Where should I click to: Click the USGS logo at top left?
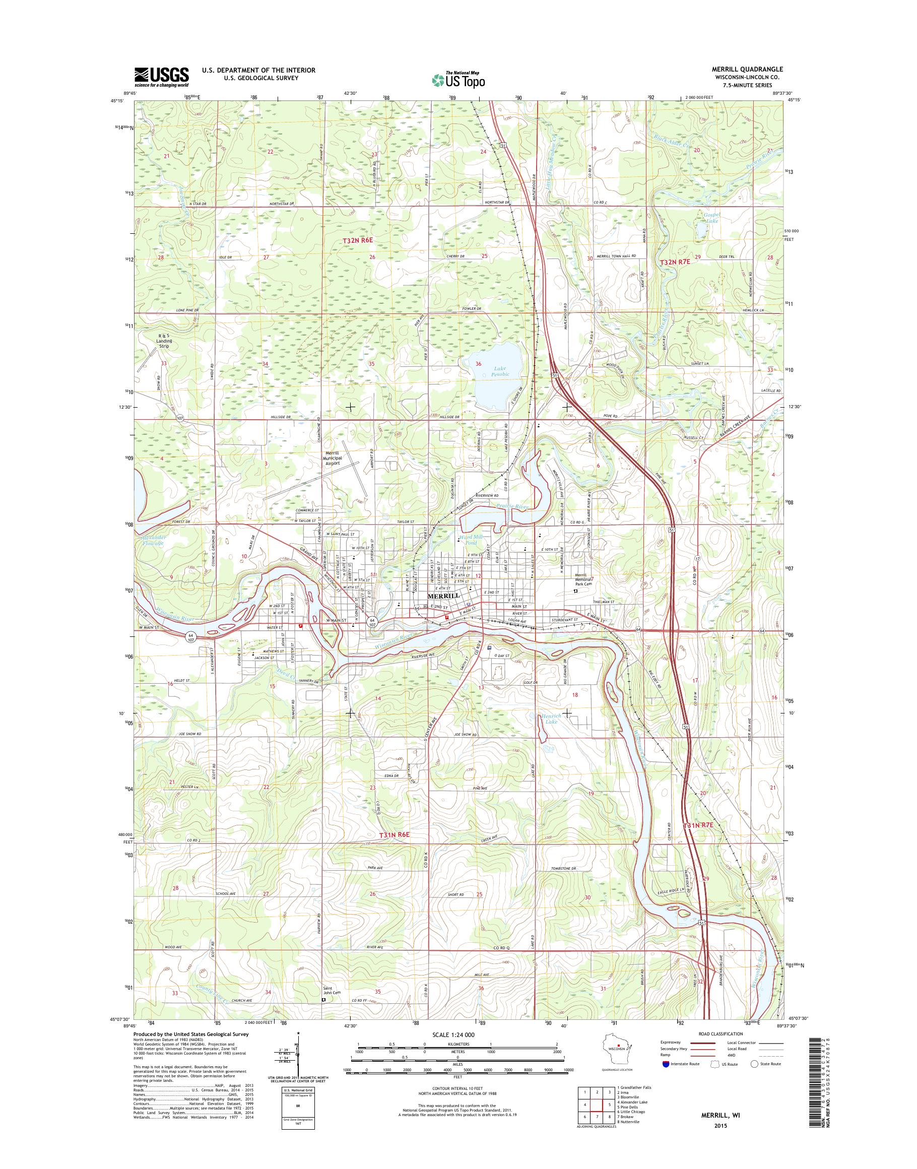(x=161, y=77)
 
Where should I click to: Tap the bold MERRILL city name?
(x=443, y=596)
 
